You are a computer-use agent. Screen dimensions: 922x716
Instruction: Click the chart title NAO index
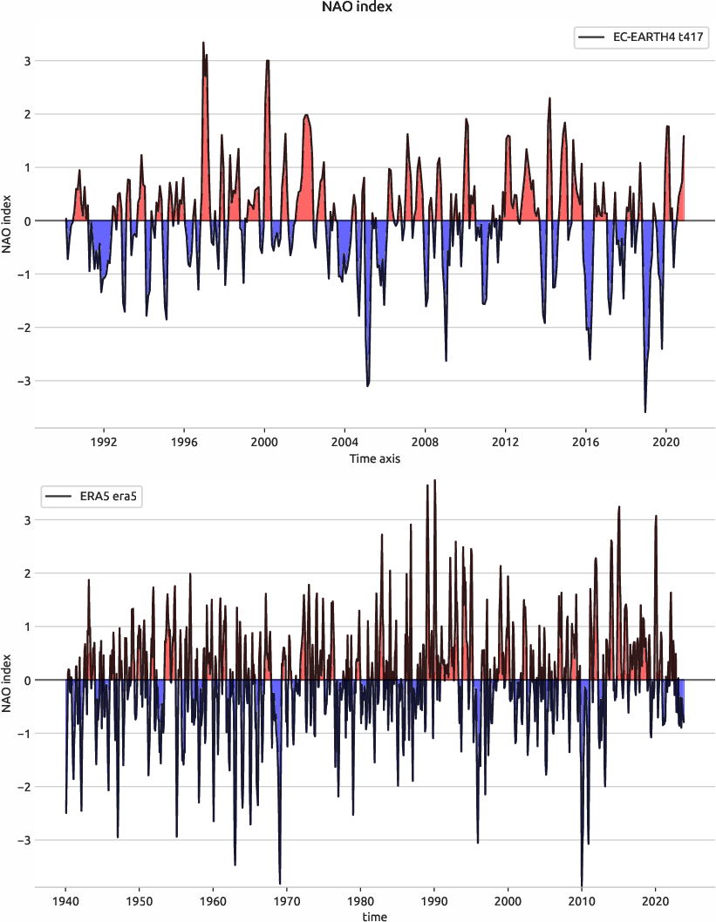click(x=358, y=8)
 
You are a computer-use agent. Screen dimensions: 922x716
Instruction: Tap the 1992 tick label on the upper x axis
click(x=104, y=442)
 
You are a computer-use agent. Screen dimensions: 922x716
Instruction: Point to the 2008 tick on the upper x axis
click(x=425, y=442)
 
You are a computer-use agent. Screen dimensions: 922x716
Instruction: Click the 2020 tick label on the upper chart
click(x=666, y=442)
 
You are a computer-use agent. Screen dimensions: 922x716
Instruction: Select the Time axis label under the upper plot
click(x=374, y=458)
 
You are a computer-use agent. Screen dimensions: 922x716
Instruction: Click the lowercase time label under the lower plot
click(x=374, y=916)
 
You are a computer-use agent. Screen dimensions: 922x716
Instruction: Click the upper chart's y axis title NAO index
click(x=8, y=220)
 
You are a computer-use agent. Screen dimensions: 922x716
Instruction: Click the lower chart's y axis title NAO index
click(x=8, y=680)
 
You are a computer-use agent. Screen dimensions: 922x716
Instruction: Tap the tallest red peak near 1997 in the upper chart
click(x=204, y=44)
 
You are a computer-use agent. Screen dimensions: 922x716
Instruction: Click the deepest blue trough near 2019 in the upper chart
click(x=645, y=410)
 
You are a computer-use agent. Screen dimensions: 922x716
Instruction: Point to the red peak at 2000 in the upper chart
click(x=268, y=62)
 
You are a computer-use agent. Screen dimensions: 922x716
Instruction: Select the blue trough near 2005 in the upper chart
click(x=368, y=383)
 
